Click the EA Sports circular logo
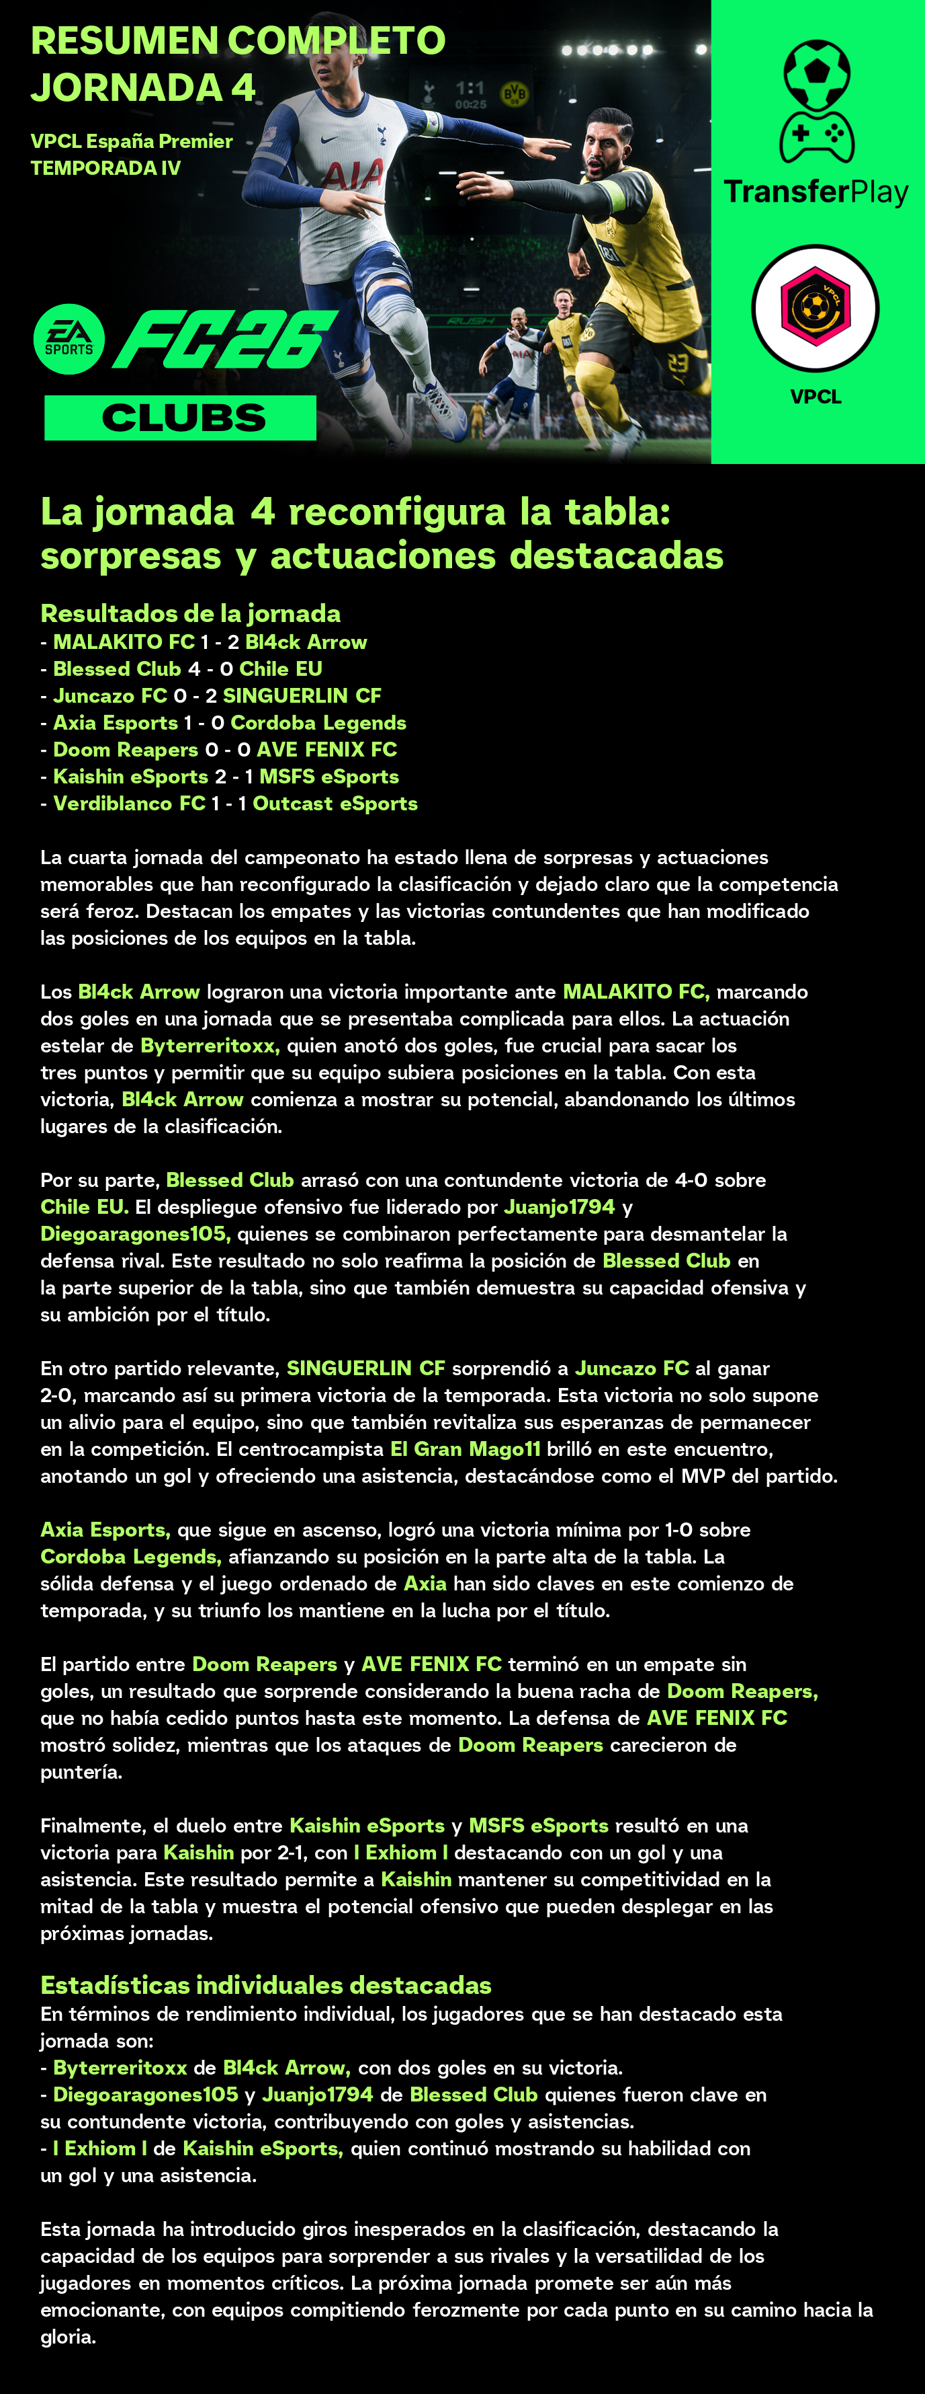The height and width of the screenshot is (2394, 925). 69,339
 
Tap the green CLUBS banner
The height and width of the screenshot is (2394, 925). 180,418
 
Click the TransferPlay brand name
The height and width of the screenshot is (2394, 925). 816,192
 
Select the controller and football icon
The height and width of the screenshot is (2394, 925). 816,102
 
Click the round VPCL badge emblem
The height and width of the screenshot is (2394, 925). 816,307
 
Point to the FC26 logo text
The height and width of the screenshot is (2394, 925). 225,339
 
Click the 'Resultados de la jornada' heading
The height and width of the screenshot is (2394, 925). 190,613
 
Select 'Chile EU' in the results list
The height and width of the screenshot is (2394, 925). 281,669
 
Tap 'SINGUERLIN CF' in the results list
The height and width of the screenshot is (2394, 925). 302,696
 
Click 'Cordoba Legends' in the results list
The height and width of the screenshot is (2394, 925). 318,723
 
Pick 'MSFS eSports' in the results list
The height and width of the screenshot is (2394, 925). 328,777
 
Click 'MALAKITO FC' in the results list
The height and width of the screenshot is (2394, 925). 124,642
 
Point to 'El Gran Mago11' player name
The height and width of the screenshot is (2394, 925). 464,1449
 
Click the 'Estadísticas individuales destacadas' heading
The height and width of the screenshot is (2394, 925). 265,1985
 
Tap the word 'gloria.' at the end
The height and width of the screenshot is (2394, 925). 68,2336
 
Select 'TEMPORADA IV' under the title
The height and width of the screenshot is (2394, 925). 106,168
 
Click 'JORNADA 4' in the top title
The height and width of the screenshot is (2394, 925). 143,87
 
